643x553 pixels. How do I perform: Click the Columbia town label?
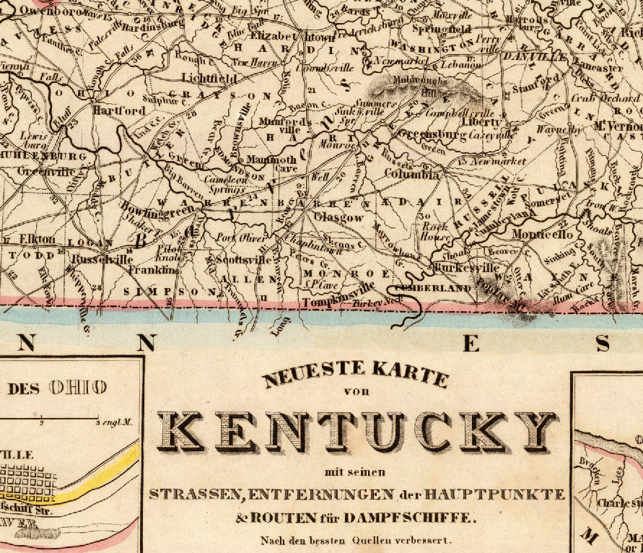(411, 175)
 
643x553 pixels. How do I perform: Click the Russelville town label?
(99, 257)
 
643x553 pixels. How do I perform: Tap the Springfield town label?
(442, 29)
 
